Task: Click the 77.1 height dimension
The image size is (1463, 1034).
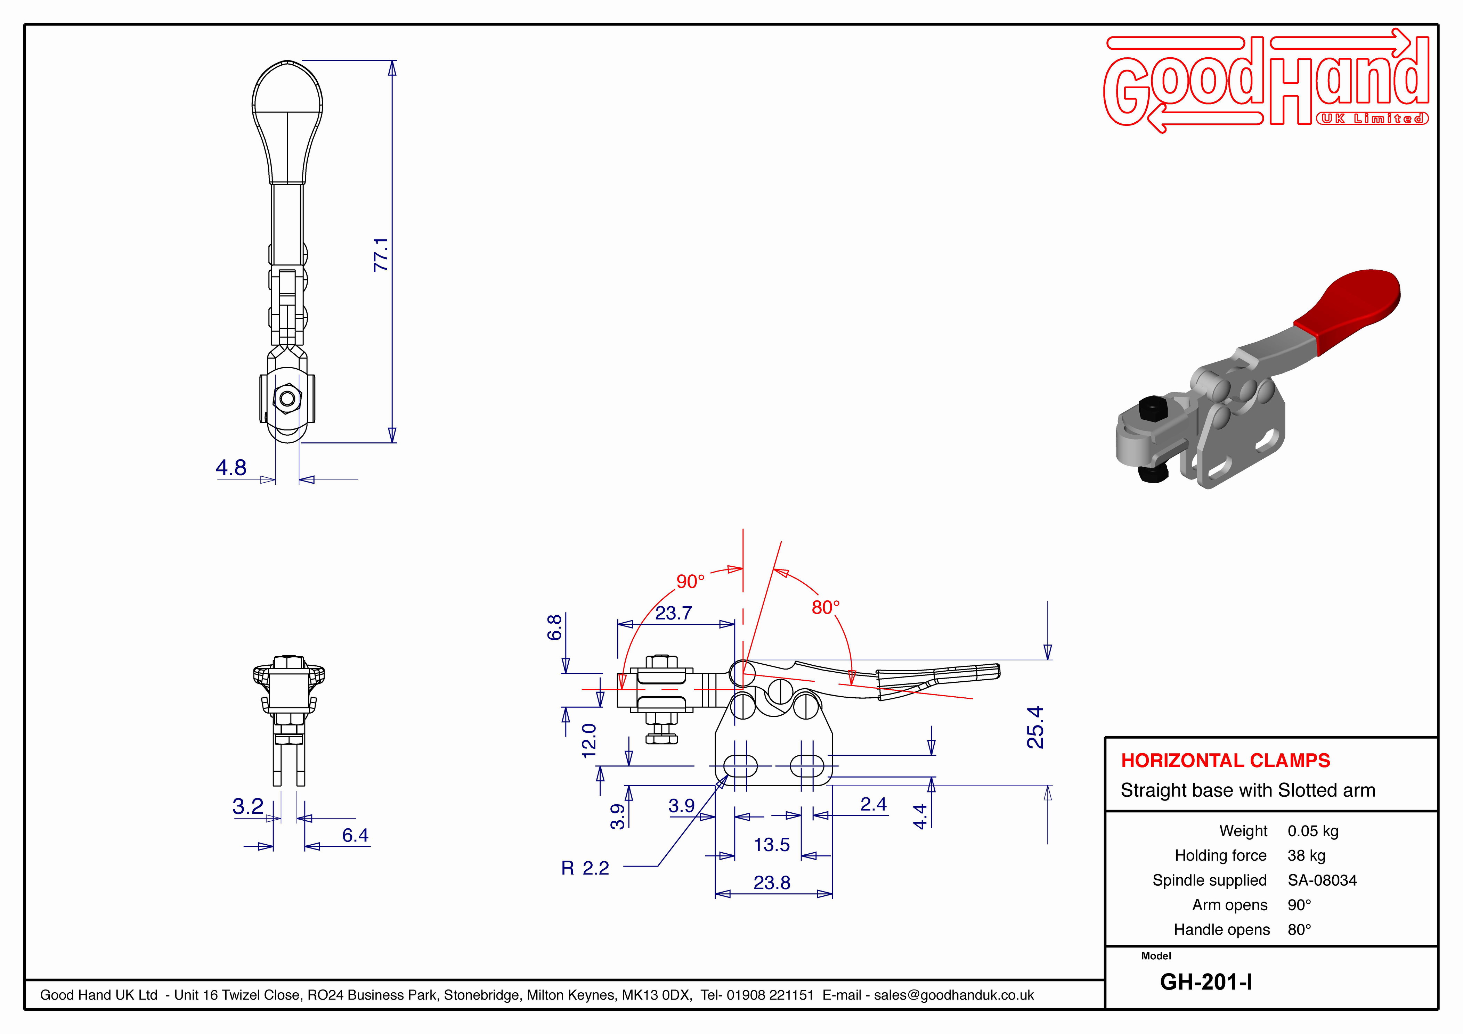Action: [x=381, y=255]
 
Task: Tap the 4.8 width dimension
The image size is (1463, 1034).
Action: [x=231, y=468]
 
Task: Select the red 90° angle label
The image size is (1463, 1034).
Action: [x=691, y=581]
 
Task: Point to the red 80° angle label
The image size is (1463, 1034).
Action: [x=826, y=607]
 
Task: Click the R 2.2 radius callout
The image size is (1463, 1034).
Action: [x=585, y=868]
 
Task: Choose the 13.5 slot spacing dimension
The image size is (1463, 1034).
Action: [x=772, y=845]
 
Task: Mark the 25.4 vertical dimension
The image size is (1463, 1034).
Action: [x=1035, y=727]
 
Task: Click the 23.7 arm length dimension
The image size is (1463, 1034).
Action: [x=674, y=613]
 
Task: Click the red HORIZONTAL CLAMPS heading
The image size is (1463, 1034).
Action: [x=1225, y=760]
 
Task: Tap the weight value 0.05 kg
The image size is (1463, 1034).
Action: [x=1312, y=831]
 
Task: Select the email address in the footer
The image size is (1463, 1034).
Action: [x=954, y=995]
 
